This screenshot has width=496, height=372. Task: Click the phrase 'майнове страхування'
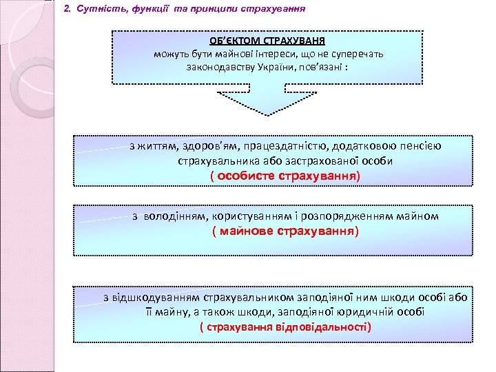284,231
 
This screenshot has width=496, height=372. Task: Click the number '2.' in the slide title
67,11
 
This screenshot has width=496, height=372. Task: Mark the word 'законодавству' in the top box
225,68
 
